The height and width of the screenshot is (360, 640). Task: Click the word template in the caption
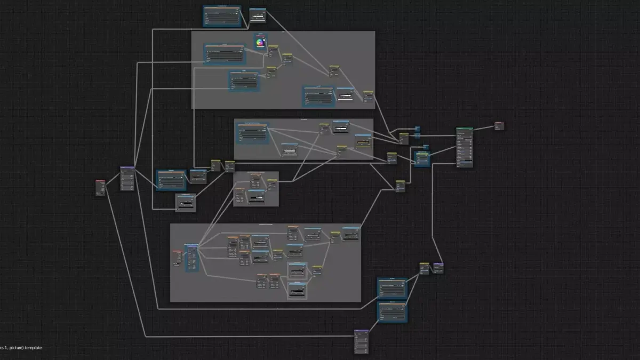[33, 348]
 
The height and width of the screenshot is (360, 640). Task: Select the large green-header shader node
[464, 147]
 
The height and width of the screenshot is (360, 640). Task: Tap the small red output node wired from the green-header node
[499, 126]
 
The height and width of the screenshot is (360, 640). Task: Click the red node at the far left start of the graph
[100, 188]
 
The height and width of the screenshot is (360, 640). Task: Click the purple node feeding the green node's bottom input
[438, 268]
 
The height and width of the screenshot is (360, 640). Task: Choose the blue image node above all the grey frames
[222, 16]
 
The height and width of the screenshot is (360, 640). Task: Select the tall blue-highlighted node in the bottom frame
[192, 258]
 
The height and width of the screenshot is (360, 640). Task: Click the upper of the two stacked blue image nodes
[392, 288]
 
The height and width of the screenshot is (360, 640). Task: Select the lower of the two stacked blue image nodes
[392, 311]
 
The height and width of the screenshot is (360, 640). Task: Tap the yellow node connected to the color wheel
[273, 51]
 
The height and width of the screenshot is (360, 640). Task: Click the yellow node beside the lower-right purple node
[425, 268]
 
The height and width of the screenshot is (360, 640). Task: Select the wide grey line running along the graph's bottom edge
[251, 337]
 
